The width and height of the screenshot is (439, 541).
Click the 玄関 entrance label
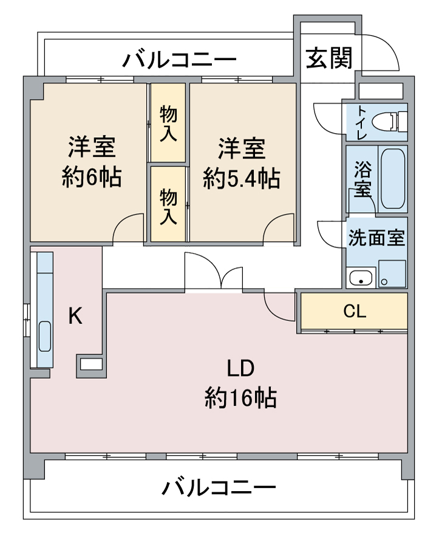pos(330,58)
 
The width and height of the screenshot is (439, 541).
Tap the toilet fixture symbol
pos(389,122)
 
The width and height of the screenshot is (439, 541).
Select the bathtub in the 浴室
pos(393,179)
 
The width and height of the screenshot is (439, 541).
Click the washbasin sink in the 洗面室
pos(361,278)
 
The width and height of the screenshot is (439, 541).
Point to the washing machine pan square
pos(392,274)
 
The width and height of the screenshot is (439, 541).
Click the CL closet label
pos(355,312)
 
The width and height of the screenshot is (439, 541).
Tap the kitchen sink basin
pos(45,336)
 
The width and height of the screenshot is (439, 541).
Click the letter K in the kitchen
pos(75,315)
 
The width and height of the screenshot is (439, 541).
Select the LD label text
pos(240,368)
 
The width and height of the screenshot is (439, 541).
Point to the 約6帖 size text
pos(92,177)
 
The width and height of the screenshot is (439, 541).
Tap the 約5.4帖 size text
pos(241,178)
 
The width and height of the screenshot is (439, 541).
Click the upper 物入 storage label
pos(169,124)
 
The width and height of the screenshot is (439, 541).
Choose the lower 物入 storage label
pos(169,206)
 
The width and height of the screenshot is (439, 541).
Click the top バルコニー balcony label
pos(180,60)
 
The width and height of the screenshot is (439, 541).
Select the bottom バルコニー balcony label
pos(219,488)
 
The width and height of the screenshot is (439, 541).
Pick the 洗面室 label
pos(376,238)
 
